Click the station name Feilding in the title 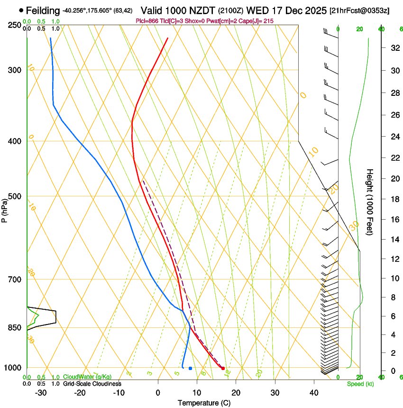click(43, 10)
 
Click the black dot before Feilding click(21, 10)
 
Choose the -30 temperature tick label click(41, 393)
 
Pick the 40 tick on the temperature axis click(314, 393)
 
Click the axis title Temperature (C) click(204, 403)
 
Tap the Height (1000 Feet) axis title click(370, 202)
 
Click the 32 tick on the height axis click(394, 47)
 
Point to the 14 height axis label click(394, 240)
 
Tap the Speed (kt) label click(360, 384)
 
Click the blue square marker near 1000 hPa click(190, 368)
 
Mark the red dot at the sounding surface click(223, 368)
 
